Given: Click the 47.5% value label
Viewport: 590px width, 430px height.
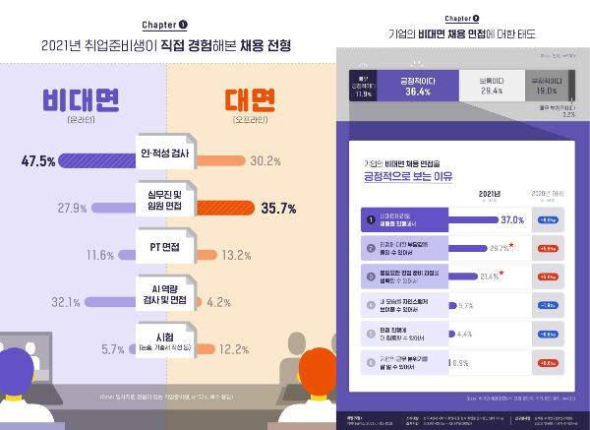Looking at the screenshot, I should (x=40, y=160).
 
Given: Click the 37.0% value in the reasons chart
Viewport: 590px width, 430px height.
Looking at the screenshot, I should (x=512, y=218).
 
